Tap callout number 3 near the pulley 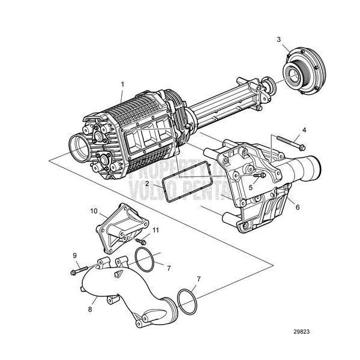tap(278, 40)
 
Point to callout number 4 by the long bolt tap(304, 130)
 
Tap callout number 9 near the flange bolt tap(75, 256)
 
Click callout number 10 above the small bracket tap(93, 211)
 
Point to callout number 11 tap(155, 230)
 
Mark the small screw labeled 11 tap(142, 241)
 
